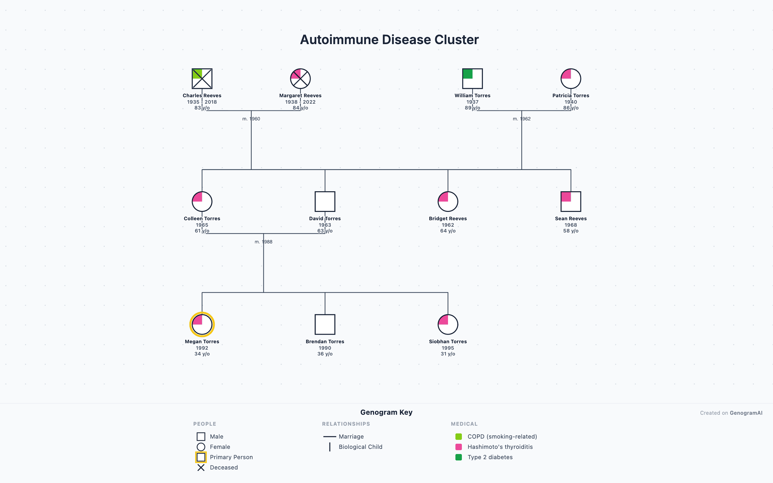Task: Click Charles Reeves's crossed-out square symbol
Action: click(202, 79)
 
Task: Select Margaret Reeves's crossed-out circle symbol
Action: click(300, 79)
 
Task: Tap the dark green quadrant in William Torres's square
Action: click(468, 74)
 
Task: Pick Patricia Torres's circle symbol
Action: click(571, 79)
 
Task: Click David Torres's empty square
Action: click(325, 202)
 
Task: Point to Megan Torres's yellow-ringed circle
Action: click(202, 325)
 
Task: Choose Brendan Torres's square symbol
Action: click(325, 325)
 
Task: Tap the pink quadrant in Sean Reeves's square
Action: click(566, 197)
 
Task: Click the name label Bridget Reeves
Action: click(448, 219)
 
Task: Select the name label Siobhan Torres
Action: click(448, 342)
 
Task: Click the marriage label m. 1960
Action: click(251, 119)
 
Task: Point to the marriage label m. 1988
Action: click(263, 242)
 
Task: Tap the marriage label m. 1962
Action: click(522, 119)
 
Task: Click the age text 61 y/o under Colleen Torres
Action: click(202, 231)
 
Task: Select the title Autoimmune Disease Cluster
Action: click(389, 40)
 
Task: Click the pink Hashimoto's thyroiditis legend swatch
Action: click(459, 447)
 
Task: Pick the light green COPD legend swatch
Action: click(459, 437)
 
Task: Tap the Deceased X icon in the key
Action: click(201, 468)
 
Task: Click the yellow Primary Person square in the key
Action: click(201, 457)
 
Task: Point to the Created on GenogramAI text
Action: click(731, 413)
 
